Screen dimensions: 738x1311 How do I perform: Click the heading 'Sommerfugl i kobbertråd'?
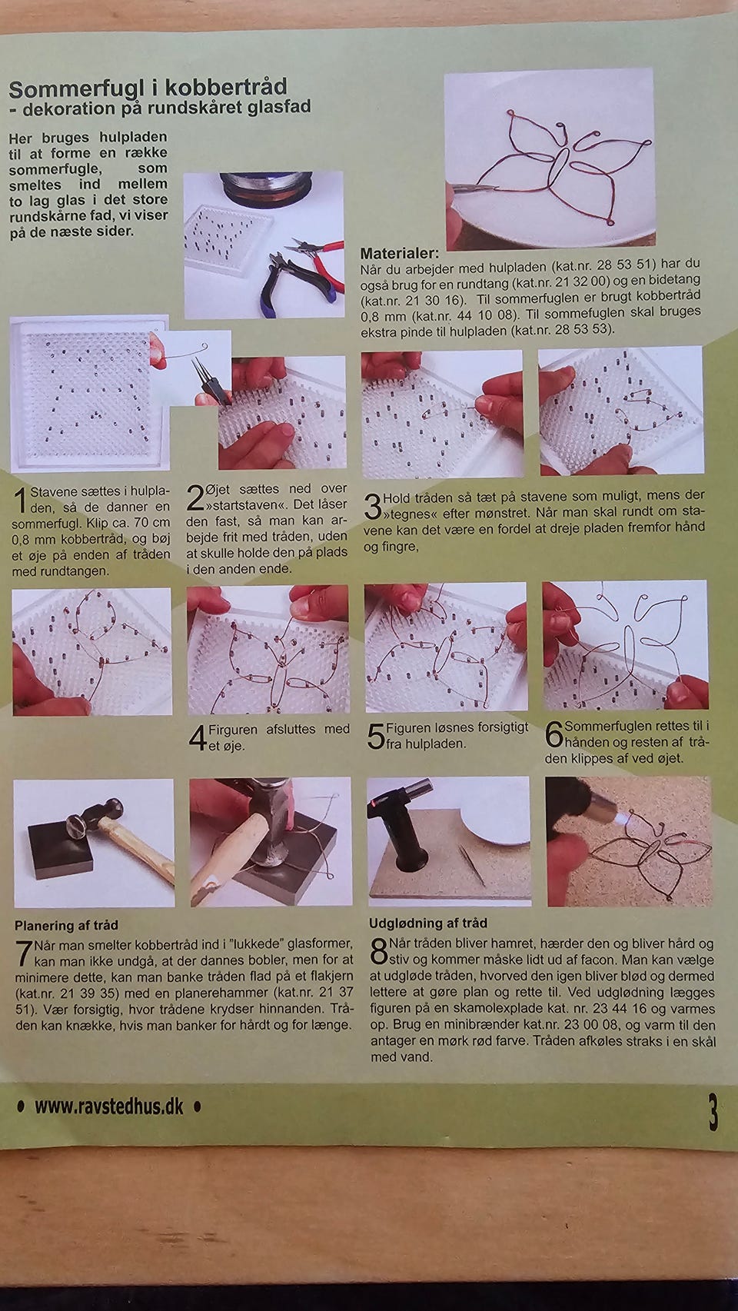click(148, 88)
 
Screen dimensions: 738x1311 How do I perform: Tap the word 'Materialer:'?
click(399, 253)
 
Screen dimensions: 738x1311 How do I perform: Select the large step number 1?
click(21, 501)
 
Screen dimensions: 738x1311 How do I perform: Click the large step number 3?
click(373, 506)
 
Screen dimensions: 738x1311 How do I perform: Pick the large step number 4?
click(198, 737)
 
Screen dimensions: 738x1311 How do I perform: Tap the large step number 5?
click(376, 736)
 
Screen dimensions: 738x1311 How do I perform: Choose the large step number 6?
click(553, 734)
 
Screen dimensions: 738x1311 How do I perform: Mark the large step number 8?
click(379, 952)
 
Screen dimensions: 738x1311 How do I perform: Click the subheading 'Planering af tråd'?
click(66, 925)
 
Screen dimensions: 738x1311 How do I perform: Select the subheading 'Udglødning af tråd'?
click(428, 923)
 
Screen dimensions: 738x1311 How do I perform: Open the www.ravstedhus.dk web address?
click(109, 1106)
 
